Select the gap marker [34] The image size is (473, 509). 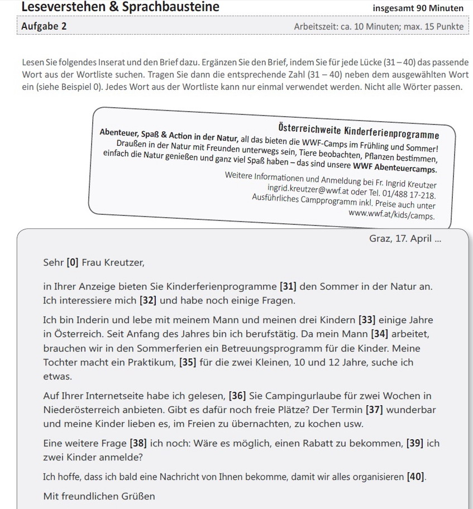pos(381,334)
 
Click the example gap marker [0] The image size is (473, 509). pos(72,261)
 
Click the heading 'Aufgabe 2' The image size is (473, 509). pos(44,26)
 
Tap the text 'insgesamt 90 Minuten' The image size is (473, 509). pos(418,8)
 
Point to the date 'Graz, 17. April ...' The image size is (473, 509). pos(405,238)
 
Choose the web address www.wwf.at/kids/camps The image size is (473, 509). pos(391,214)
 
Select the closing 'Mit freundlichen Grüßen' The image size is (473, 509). pos(99,496)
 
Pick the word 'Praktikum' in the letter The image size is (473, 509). pos(153,362)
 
